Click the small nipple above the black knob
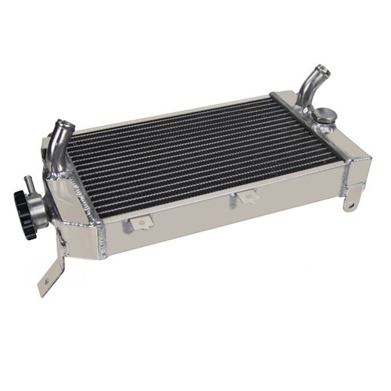[x=30, y=181]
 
